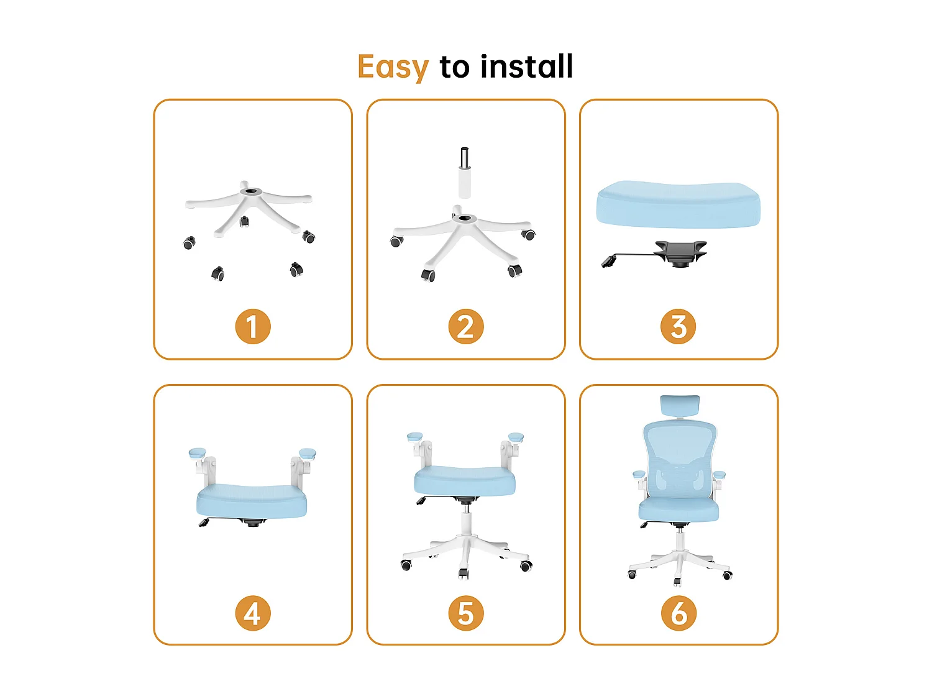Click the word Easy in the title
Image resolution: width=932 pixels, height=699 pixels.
click(393, 67)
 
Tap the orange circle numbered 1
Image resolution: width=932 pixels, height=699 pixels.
click(253, 327)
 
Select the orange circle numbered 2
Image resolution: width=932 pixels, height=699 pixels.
click(465, 327)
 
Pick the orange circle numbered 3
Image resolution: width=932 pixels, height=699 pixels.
click(678, 327)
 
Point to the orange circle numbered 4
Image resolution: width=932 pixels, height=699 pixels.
click(253, 613)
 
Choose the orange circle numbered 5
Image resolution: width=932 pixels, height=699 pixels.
click(465, 613)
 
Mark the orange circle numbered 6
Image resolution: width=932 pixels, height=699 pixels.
click(678, 613)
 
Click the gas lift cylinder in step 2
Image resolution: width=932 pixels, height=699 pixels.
click(465, 174)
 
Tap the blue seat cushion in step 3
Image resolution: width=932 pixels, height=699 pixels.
click(678, 204)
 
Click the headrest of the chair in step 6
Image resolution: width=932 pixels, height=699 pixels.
click(680, 405)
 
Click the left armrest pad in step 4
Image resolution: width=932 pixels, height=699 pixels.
click(197, 452)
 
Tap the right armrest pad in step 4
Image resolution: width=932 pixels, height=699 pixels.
click(308, 453)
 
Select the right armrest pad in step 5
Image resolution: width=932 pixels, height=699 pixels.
click(516, 437)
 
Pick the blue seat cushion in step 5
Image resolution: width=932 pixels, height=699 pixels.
click(465, 481)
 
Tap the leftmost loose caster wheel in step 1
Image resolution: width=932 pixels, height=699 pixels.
click(189, 242)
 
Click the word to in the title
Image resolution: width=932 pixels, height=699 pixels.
click(454, 67)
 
